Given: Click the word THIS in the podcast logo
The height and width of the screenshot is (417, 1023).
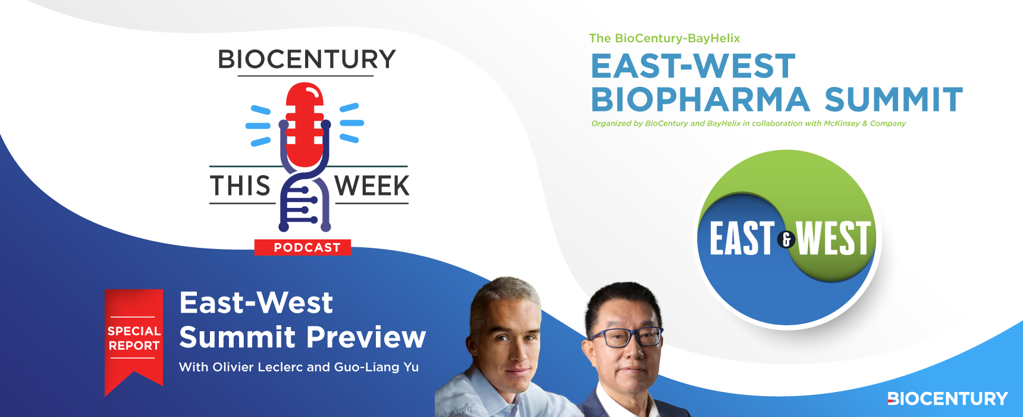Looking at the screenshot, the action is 240,186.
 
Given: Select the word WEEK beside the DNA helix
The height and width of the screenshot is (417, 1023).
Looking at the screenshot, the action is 372,186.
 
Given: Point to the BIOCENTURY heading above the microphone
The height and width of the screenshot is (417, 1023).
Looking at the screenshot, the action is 307,59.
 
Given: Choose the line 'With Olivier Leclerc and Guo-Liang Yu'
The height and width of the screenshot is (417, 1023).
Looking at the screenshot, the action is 299,367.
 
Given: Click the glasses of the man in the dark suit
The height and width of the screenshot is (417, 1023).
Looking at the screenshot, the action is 626,337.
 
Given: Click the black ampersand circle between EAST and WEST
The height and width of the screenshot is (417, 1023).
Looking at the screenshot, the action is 786,239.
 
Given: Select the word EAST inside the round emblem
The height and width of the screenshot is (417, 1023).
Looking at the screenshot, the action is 742,238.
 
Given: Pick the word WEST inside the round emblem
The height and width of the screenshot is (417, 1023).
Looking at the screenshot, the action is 834,238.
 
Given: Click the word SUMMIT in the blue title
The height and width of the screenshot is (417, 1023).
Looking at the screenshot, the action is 894,99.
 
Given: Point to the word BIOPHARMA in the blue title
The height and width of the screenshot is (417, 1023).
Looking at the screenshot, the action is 701,99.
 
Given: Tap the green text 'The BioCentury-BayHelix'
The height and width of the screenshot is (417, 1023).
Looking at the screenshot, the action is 664,38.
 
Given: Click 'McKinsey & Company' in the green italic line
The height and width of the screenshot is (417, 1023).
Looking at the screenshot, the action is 865,123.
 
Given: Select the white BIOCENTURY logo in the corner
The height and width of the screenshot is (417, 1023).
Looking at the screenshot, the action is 947,399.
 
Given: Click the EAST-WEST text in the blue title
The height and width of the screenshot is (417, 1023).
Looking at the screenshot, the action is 693,66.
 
